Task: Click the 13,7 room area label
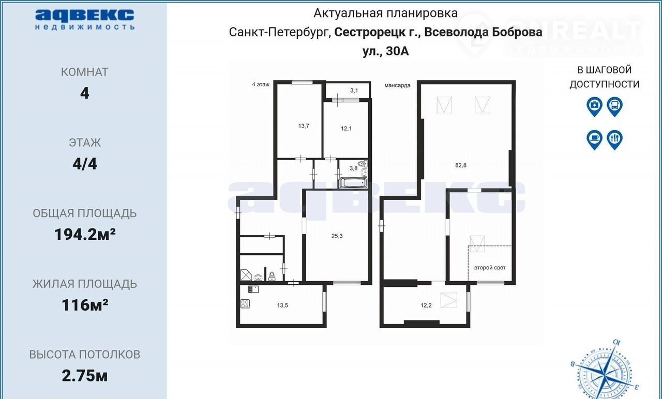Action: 304,126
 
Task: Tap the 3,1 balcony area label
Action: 354,90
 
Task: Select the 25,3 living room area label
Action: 337,236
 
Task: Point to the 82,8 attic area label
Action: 461,165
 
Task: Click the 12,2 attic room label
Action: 426,305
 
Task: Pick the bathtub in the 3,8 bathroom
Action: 353,183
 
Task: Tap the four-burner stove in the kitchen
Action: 245,303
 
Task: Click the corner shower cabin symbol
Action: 246,275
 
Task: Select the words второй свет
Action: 490,268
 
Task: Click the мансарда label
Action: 397,85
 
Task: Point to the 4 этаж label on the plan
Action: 261,84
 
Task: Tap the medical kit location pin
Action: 594,106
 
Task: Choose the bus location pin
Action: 615,106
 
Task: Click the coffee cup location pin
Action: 594,140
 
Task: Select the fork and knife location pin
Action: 615,140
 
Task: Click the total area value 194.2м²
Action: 85,235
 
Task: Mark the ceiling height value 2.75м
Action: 85,376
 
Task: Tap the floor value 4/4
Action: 85,164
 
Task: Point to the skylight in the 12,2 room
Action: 448,300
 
